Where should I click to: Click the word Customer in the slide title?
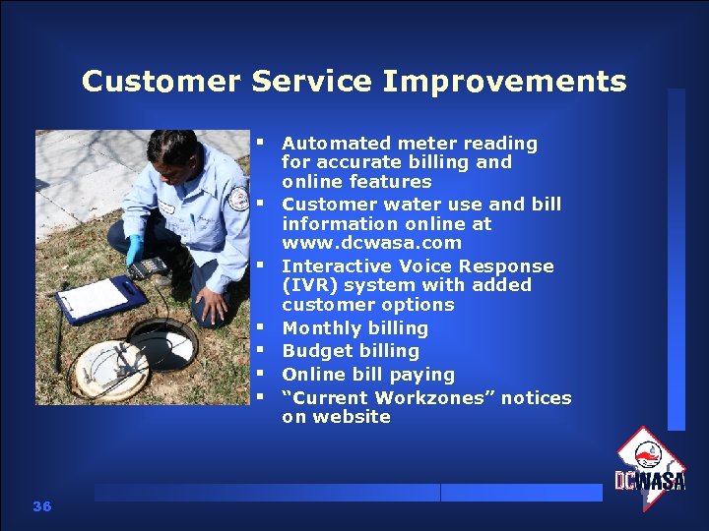click(161, 81)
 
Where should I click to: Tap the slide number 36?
click(41, 506)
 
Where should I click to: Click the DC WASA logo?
click(650, 469)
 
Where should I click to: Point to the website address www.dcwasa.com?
click(371, 243)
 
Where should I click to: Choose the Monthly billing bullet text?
click(354, 328)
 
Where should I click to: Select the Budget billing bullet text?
click(350, 351)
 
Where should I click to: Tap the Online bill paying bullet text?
click(367, 375)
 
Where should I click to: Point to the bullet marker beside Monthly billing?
click(264, 326)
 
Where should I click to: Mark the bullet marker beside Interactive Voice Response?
click(264, 265)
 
